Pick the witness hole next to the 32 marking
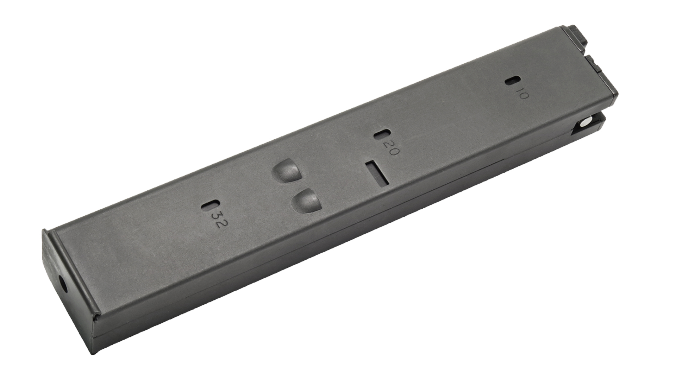[211, 206]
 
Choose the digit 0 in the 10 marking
[524, 96]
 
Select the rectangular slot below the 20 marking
[377, 173]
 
